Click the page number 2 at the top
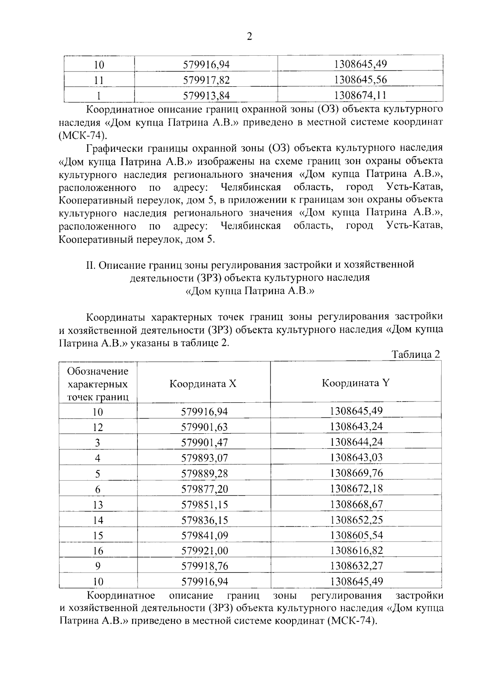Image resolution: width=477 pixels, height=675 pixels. (x=250, y=37)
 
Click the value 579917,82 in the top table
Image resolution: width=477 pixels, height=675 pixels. (x=206, y=80)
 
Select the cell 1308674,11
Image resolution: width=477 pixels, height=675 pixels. (x=361, y=95)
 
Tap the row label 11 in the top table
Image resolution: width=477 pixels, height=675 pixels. (x=99, y=80)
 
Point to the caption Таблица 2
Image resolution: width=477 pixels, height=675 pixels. (x=416, y=354)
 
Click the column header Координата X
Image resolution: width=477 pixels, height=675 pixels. (x=203, y=384)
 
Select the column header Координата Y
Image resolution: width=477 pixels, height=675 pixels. (x=356, y=383)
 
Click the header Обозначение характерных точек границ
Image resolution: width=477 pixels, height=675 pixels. (x=98, y=384)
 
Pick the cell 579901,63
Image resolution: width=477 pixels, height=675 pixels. (x=205, y=427)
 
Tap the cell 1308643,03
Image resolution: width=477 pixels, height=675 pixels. (x=356, y=458)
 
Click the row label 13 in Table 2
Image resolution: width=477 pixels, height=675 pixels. (x=98, y=505)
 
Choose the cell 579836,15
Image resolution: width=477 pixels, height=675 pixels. (x=205, y=520)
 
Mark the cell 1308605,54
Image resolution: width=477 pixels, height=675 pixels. (x=356, y=535)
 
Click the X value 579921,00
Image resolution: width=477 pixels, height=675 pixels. (x=205, y=551)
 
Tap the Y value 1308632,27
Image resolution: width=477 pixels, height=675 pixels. (x=356, y=566)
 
